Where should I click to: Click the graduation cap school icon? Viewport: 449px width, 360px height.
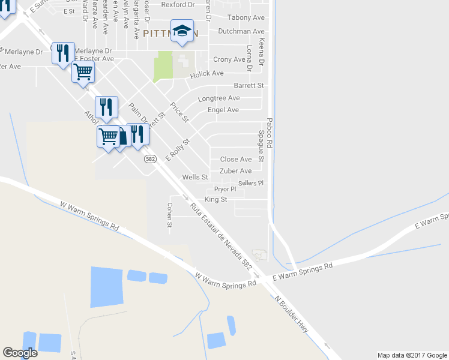182,31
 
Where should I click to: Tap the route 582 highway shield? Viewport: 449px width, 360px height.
150,159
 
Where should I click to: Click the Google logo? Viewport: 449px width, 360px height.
20,353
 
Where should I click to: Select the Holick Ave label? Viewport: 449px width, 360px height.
207,73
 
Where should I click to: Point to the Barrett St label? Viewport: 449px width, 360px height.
249,86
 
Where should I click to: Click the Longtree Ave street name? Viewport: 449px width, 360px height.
219,98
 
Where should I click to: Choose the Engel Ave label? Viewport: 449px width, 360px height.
223,110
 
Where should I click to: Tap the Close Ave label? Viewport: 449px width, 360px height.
236,159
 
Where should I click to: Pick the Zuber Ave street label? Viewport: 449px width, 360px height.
236,171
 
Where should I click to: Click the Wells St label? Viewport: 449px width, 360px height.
195,178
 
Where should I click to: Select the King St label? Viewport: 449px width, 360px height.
215,199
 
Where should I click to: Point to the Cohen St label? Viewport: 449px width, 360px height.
170,215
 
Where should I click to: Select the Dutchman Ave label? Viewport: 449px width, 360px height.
241,31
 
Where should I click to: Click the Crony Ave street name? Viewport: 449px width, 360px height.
229,59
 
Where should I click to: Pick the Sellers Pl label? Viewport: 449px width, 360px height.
251,183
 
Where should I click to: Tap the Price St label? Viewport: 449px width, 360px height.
179,113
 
